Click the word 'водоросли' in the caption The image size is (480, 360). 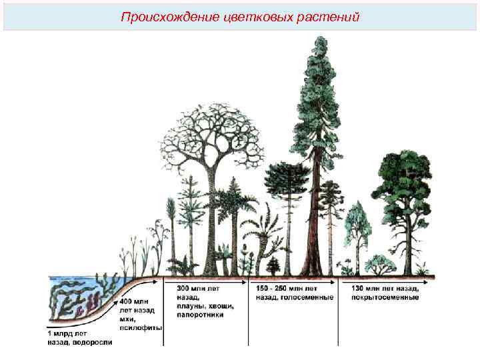pyautogui.click(x=93, y=342)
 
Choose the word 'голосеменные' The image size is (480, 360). pyautogui.click(x=309, y=297)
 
